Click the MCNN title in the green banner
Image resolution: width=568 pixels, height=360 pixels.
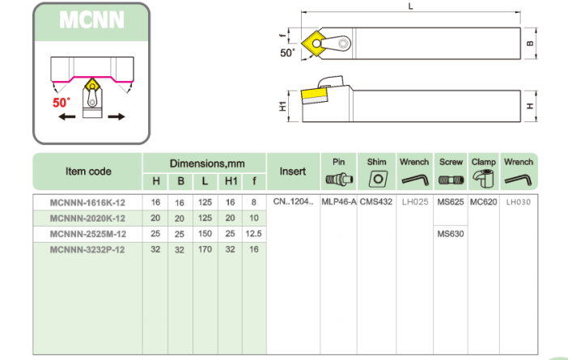pos(91,19)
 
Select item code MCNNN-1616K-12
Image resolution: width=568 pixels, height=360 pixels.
pos(87,202)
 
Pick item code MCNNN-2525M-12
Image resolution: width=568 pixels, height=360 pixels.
pos(88,234)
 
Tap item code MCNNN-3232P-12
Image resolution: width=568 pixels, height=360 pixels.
pos(87,249)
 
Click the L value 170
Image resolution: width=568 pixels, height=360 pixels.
pos(205,249)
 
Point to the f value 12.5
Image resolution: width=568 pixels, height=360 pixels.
pos(253,234)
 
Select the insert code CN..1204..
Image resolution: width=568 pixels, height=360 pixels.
pos(293,201)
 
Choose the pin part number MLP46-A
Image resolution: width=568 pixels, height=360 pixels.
pos(339,201)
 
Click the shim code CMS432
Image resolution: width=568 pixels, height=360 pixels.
pos(376,201)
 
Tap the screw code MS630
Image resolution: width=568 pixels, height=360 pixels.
pos(450,234)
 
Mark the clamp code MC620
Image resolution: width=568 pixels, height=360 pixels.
pos(483,201)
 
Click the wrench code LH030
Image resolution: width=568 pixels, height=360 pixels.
pos(519,201)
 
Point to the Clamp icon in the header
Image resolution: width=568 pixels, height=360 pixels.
pos(484,179)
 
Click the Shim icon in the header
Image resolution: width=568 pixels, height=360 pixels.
pos(378,179)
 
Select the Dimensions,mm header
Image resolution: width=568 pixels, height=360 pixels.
pos(207,163)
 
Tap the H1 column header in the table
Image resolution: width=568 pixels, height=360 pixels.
pos(231,180)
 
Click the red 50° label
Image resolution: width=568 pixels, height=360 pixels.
pos(61,103)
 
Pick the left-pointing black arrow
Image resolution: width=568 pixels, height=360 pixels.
pos(67,116)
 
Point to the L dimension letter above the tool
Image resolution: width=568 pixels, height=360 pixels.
pos(410,6)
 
